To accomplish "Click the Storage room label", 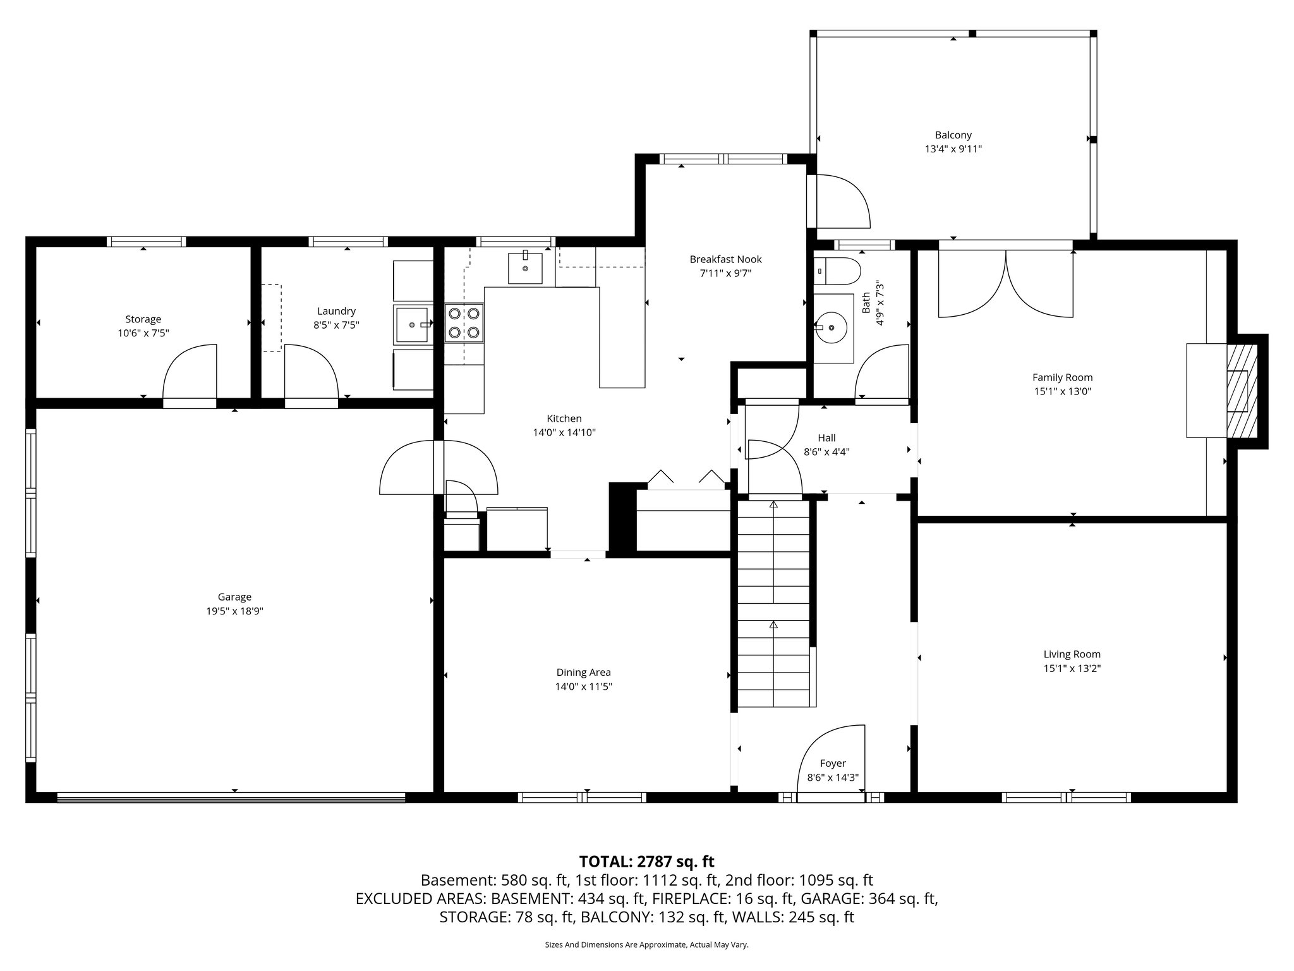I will (x=143, y=319).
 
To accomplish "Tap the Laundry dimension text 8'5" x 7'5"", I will (x=336, y=326).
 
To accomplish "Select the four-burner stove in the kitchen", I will (x=464, y=322).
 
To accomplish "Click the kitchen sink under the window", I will (x=525, y=268).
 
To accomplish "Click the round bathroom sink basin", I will (x=831, y=327).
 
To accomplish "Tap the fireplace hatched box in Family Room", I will (x=1242, y=391).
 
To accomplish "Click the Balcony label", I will (x=953, y=135).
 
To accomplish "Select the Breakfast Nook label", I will (x=725, y=259).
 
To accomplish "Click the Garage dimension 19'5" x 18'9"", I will (x=234, y=611).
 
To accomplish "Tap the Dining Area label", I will (x=583, y=673).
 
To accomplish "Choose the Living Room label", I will (x=1072, y=654).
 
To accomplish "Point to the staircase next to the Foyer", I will (x=773, y=601).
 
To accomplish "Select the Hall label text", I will (x=826, y=437).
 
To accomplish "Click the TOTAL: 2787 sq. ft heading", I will (x=646, y=862).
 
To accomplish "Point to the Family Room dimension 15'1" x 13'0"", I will (x=1062, y=391).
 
